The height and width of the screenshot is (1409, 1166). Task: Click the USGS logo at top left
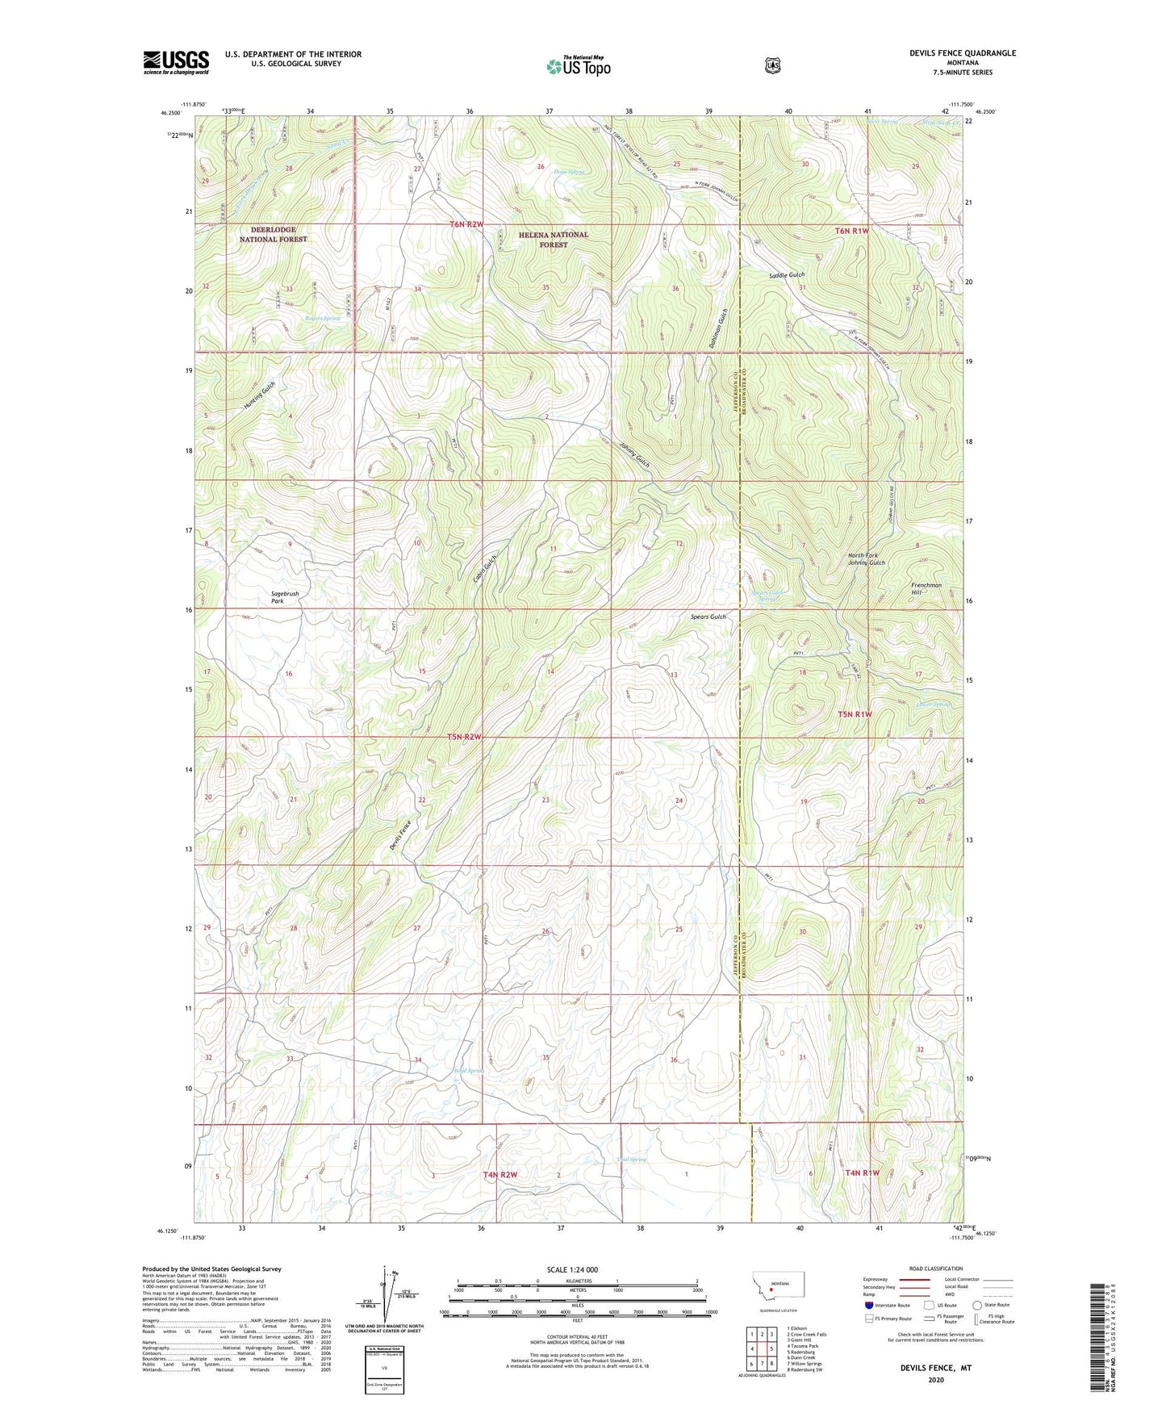click(176, 62)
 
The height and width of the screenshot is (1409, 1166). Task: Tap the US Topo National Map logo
click(578, 66)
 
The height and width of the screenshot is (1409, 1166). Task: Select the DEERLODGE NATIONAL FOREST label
click(273, 234)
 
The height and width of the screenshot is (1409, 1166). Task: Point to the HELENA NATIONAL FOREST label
click(553, 239)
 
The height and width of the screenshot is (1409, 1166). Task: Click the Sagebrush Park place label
click(284, 597)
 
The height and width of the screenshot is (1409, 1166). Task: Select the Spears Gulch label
click(708, 617)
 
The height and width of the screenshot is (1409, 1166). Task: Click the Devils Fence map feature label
click(401, 834)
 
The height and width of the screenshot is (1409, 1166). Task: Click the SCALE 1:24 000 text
click(572, 1269)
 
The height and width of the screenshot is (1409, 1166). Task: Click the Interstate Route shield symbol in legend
click(868, 1304)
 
